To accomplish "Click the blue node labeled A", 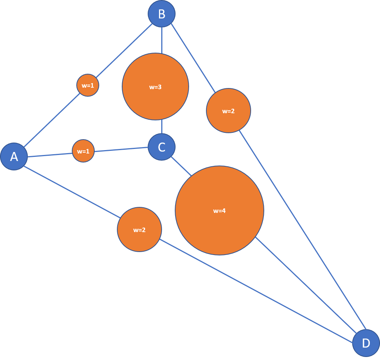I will (x=14, y=156).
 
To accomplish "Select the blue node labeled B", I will (x=162, y=14).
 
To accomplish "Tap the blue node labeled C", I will (x=162, y=147).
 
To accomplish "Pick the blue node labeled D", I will (x=366, y=343).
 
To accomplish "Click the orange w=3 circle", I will (x=155, y=87).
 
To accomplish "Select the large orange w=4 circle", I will (x=220, y=211).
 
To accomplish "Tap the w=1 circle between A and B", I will (x=88, y=85).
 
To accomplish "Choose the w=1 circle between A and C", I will (x=83, y=151).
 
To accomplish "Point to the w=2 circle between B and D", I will (x=229, y=111).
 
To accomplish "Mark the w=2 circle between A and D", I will (x=139, y=229).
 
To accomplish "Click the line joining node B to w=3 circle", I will (x=162, y=40).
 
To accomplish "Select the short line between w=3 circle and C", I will (x=162, y=127).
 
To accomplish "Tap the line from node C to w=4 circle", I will (x=182, y=166).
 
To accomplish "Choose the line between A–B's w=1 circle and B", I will (x=125, y=49).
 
